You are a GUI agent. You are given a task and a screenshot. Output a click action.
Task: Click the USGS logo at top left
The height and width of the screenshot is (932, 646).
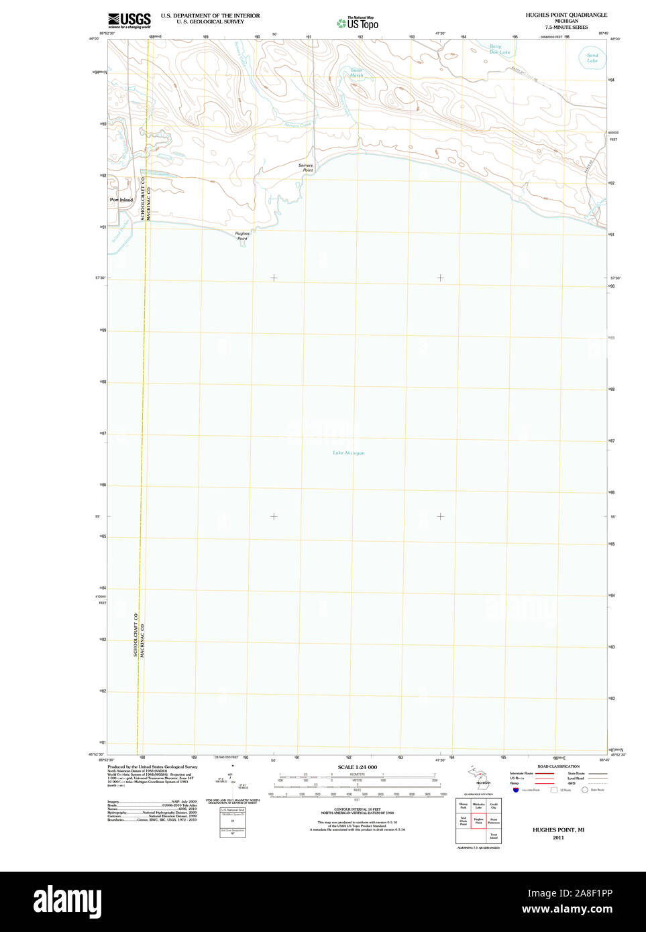point(129,20)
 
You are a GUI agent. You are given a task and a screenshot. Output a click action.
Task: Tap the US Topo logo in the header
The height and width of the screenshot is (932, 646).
point(358,23)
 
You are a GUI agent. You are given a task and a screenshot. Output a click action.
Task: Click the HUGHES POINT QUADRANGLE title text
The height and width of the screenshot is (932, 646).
point(566,15)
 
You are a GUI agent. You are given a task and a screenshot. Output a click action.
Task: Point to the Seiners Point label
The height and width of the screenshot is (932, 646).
point(306,168)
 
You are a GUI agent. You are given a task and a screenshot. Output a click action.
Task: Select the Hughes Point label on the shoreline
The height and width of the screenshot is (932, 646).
point(242,236)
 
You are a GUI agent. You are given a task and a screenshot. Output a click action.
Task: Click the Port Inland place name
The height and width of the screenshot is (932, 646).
point(121,200)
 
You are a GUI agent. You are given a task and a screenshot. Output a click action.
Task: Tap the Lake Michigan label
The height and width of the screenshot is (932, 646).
point(349,453)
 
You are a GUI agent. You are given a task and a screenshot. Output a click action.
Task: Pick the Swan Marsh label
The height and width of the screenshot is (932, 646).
point(356,72)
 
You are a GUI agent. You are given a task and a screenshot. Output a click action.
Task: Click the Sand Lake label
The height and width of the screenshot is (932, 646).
point(592,58)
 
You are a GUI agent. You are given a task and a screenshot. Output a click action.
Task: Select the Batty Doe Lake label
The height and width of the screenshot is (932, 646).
point(498,49)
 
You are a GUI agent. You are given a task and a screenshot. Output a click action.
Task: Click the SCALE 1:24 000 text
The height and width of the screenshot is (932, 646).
point(357,767)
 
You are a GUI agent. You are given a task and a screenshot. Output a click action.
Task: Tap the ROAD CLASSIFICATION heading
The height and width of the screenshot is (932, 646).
point(558,766)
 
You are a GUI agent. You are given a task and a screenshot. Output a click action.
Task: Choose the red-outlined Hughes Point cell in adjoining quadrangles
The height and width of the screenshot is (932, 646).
point(478,821)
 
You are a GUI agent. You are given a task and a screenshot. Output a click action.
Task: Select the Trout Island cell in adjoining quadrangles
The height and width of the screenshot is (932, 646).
point(494,836)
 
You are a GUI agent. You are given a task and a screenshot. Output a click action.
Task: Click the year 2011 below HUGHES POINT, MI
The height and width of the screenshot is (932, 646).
point(558,837)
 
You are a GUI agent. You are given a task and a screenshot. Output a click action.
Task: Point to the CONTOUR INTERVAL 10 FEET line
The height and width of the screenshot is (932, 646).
point(357,809)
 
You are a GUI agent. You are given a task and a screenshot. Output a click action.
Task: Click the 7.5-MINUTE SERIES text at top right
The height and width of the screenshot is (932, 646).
point(566,27)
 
